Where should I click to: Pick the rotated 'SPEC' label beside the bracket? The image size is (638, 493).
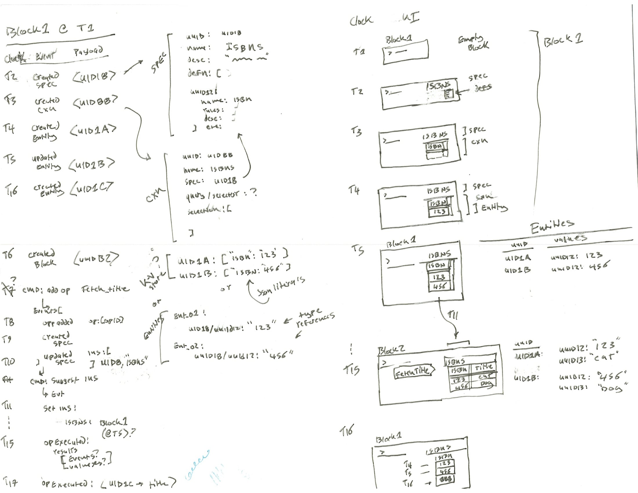pos(158,63)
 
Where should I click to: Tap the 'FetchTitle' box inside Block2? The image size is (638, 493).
pos(413,372)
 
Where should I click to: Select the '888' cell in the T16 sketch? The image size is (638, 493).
pos(445,479)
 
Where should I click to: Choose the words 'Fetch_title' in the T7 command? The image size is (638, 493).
pos(105,289)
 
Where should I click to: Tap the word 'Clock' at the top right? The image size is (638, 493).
pos(361,20)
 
